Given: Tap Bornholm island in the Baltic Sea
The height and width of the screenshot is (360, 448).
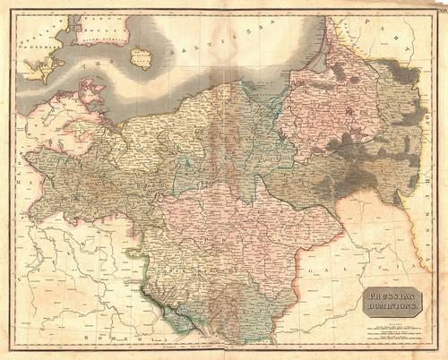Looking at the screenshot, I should coord(141,58).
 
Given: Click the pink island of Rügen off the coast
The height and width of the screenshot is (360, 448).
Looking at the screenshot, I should coord(90,90).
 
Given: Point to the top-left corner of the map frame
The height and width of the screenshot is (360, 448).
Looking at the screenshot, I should coord(12,11).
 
